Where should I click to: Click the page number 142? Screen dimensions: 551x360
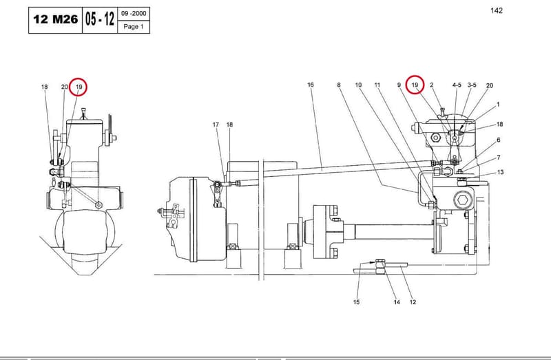tap(497, 10)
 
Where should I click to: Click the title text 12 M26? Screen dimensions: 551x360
tap(56, 19)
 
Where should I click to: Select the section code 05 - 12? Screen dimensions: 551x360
tap(100, 19)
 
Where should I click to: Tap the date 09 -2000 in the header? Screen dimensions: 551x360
tap(134, 14)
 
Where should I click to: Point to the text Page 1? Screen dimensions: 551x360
tap(134, 27)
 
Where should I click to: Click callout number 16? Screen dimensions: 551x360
tap(311, 85)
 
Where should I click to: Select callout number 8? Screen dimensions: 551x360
tap(339, 85)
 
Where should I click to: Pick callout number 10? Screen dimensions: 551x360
tap(358, 85)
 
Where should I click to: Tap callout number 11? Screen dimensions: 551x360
tap(377, 85)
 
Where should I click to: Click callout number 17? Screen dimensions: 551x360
tap(216, 125)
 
